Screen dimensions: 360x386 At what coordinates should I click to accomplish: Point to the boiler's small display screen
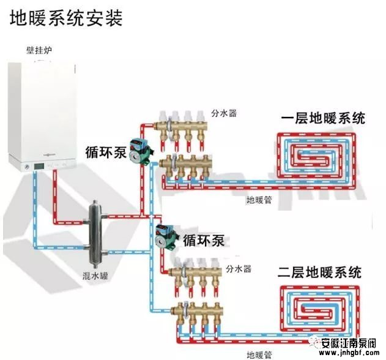point(39,165)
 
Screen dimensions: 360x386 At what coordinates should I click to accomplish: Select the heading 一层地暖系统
point(322,118)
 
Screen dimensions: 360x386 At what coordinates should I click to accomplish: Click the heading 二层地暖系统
point(320,272)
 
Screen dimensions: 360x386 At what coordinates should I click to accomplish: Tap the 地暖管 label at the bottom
point(259,353)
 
